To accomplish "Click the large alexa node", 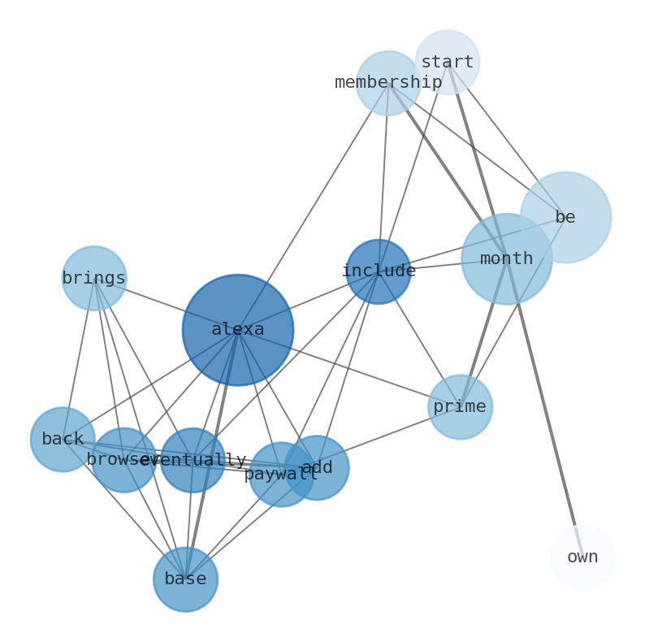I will coord(237,329).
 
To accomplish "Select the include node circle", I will coord(378,271).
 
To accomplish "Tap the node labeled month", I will coord(506,258).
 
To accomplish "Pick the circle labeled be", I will coord(565,217).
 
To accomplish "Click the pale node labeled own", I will coord(582,557).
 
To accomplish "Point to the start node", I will coord(447,62).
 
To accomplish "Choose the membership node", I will coord(388,83).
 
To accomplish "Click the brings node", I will coord(94,278).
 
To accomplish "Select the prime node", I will coord(460,406).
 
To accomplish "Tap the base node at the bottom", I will coord(185,579).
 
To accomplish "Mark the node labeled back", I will coord(63,439).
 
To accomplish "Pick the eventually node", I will coord(193,460).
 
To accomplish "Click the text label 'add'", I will coord(318,467).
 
